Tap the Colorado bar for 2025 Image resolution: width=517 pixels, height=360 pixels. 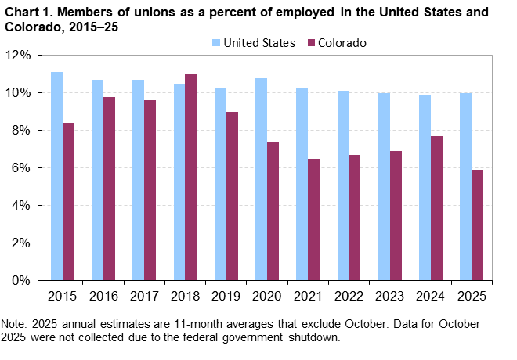pos(477,225)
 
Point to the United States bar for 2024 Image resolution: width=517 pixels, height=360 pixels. pos(425,187)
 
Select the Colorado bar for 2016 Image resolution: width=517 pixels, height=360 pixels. pos(109,189)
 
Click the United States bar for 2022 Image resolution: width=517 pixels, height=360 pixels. pos(343,185)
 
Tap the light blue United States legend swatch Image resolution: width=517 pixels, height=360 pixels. pos(215,43)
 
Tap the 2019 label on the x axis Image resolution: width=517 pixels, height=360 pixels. pos(226,297)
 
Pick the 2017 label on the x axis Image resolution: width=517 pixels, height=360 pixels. pos(144,297)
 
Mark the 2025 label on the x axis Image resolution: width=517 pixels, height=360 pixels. pos(471,297)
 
